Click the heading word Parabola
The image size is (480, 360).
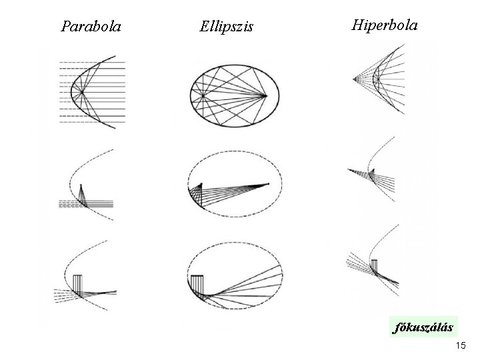pos(91,27)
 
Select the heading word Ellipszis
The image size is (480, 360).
pos(226,27)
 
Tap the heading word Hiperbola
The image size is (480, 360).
pos(385,25)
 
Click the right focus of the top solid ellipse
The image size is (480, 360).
pos(266,95)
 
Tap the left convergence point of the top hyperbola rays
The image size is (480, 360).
pos(355,79)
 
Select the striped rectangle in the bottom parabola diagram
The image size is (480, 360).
pos(77,283)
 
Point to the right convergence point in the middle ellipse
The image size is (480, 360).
pos(269,183)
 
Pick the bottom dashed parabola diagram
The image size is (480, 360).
pos(85,280)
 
